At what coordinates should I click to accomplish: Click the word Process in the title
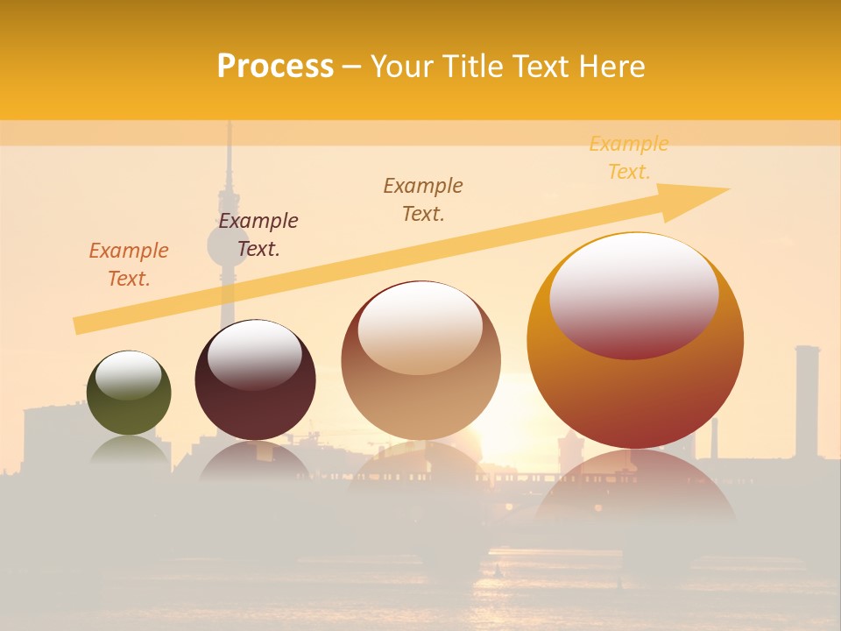[x=275, y=67]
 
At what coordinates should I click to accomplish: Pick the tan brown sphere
[x=420, y=361]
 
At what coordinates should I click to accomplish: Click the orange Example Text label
[x=129, y=265]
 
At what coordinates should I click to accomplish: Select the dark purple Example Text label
[x=258, y=235]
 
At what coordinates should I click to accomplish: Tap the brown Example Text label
[x=423, y=199]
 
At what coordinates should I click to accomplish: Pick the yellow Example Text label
[x=629, y=158]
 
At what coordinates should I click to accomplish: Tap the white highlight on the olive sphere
[x=128, y=375]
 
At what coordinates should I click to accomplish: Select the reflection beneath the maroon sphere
[x=254, y=460]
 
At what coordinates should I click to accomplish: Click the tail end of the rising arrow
[x=79, y=325]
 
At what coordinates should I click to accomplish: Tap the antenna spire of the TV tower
[x=229, y=167]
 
